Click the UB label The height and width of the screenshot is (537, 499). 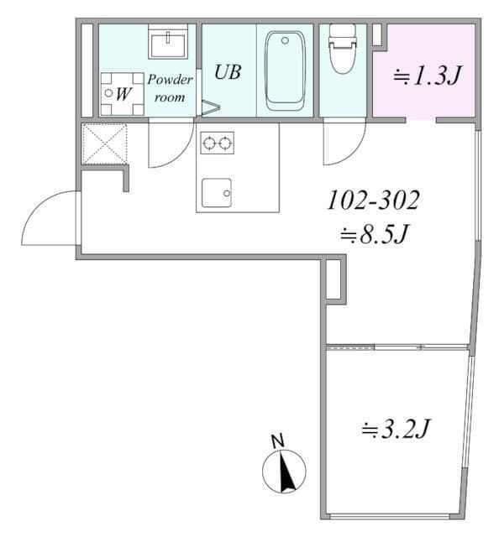[x=228, y=72]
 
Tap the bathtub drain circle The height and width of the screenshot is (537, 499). [x=285, y=41]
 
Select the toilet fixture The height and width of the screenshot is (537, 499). [x=343, y=49]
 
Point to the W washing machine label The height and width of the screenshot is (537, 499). [x=123, y=94]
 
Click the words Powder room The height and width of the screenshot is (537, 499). [x=170, y=88]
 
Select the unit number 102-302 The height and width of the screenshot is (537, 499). [x=374, y=201]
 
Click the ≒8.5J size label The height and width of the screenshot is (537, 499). [x=374, y=235]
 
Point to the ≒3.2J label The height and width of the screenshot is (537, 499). [x=395, y=429]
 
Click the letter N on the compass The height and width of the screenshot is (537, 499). [x=278, y=441]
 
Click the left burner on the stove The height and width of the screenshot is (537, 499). [x=208, y=143]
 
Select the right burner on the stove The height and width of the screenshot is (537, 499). [x=224, y=143]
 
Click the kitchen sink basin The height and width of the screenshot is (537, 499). [x=217, y=193]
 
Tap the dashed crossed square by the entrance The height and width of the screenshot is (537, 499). [x=105, y=143]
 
